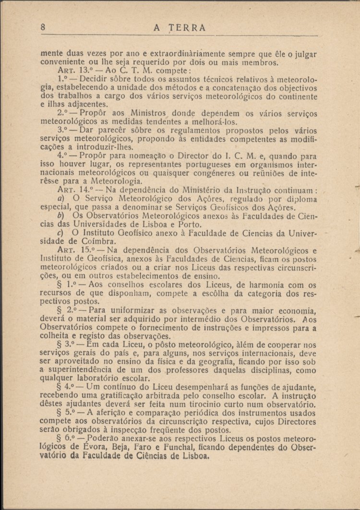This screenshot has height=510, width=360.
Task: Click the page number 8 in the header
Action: click(43, 27)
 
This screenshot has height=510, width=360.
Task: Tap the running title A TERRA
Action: click(180, 28)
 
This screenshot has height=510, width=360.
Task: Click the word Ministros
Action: click(144, 113)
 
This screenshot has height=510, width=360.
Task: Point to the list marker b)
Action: click(60, 216)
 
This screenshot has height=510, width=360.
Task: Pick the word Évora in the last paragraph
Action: click(83, 447)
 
